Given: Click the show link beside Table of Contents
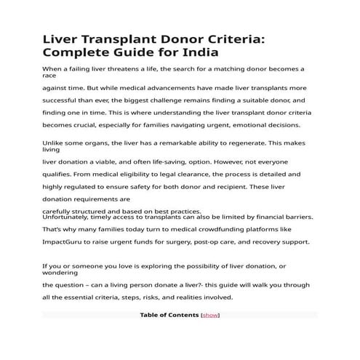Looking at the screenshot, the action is pos(209,315).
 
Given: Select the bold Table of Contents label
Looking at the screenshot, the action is pos(169,315).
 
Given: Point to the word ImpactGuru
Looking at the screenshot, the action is pos(65,241).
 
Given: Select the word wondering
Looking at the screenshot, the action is pos(61,273).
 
